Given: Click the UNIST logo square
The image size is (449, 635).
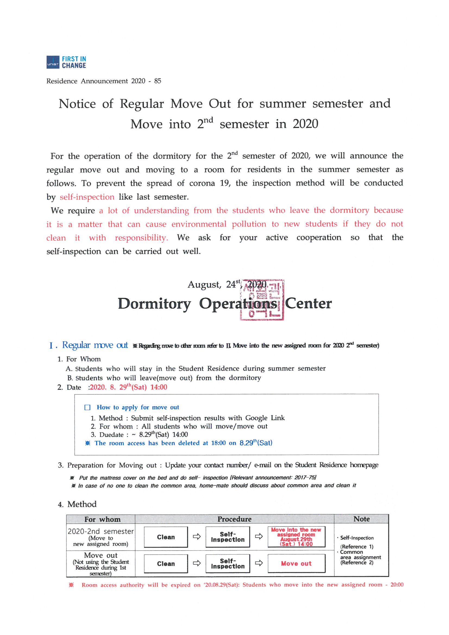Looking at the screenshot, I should [x=53, y=62].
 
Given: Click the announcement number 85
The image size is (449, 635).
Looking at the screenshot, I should [x=158, y=81].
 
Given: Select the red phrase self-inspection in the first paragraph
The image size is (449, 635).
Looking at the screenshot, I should [x=87, y=197].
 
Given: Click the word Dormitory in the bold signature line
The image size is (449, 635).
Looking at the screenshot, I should [x=154, y=304].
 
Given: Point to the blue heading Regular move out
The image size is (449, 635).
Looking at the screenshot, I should [x=95, y=345].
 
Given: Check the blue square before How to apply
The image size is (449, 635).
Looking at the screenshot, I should [x=87, y=407].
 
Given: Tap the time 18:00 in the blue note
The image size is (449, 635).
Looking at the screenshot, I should [x=218, y=443].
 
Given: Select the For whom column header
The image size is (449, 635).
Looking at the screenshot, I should [x=102, y=519].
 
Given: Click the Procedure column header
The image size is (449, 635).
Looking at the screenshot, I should [x=234, y=519].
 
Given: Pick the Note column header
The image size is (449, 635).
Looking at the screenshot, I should [x=361, y=519].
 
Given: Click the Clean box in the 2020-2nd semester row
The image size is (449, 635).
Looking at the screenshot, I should [x=166, y=537].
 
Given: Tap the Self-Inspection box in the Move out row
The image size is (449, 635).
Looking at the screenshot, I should [x=228, y=564].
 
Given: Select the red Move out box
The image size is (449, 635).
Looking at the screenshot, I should [x=296, y=564].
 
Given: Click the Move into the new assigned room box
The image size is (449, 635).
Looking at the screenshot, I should [x=296, y=537].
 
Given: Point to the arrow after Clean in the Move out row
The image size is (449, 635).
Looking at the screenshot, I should [x=197, y=563].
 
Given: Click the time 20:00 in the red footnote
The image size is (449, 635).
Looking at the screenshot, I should [x=397, y=585].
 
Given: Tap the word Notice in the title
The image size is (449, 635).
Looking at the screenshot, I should [x=77, y=104].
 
